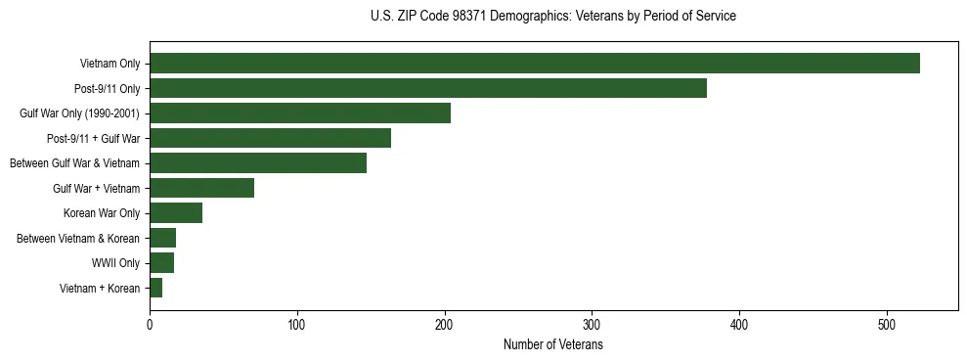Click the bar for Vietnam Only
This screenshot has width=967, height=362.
click(534, 64)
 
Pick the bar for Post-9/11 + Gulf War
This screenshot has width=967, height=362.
click(270, 138)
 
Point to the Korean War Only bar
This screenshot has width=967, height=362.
click(176, 213)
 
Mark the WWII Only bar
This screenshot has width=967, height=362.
click(161, 263)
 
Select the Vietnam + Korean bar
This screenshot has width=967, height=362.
click(156, 288)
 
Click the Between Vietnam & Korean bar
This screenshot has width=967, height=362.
click(162, 238)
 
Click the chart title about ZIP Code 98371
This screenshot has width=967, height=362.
click(552, 16)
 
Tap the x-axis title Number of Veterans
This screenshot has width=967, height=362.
click(552, 345)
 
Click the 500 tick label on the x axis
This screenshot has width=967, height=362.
click(886, 325)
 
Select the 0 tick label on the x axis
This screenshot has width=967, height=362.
click(150, 325)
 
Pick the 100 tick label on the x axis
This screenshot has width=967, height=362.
click(297, 325)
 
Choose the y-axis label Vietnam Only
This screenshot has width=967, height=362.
click(110, 64)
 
